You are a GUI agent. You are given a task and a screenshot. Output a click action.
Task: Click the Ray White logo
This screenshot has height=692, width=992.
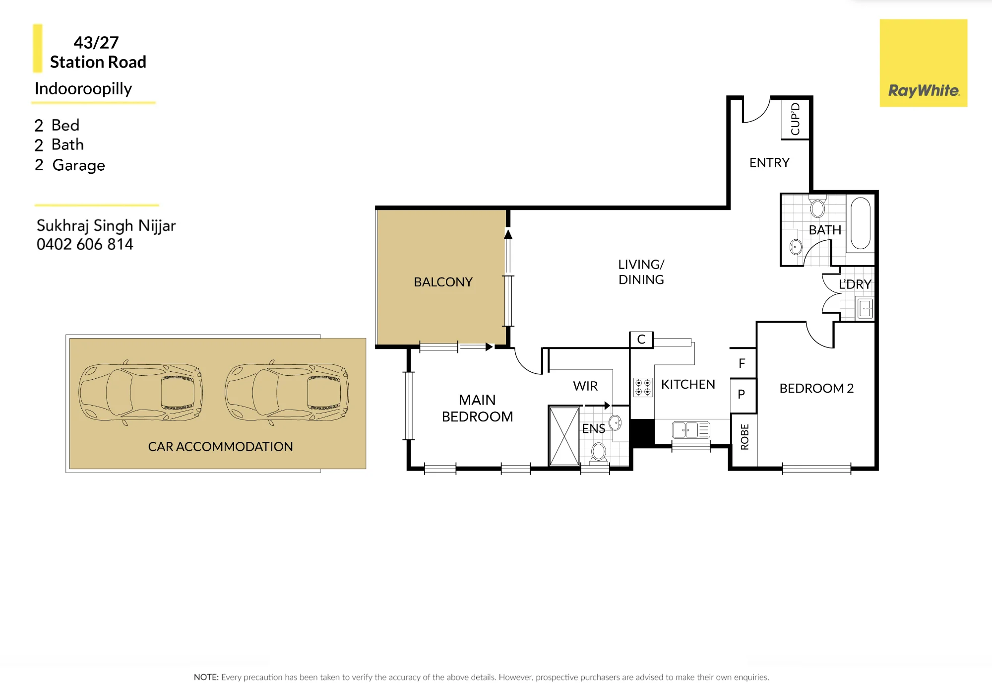pos(924,63)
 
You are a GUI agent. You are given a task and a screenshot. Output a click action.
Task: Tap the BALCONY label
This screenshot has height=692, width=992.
pos(443,282)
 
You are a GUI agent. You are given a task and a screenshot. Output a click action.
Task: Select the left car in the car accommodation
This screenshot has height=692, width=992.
pos(140,392)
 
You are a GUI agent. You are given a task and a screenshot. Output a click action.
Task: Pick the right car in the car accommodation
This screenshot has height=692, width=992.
pos(287,392)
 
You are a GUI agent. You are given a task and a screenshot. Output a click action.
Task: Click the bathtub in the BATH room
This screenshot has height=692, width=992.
pos(861,223)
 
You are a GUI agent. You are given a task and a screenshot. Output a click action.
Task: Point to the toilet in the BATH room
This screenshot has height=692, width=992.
pos(818,207)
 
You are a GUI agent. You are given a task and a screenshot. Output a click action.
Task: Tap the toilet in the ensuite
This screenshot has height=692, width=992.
pos(599,452)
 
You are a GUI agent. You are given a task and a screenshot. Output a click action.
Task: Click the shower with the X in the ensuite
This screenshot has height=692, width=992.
pos(564,436)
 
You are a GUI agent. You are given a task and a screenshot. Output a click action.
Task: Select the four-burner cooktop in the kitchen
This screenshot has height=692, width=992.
pos(643,387)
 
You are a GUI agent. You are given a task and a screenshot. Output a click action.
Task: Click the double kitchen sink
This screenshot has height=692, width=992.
pos(691,430)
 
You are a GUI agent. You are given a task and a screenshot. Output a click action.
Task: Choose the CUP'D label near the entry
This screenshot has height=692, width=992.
pos(795,119)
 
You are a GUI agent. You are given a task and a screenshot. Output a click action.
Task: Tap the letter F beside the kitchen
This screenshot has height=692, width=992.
pos(742,363)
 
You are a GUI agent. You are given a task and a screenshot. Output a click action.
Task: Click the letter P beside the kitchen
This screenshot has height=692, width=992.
pos(742,394)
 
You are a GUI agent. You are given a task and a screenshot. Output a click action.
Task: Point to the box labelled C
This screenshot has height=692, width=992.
pos(641,340)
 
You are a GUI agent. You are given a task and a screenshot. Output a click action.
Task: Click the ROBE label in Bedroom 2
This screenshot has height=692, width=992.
pos(744,437)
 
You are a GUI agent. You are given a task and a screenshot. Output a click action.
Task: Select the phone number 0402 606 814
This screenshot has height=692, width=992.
pos(85,244)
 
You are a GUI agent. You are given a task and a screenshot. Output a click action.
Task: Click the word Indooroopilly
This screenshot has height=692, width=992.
pos(83,89)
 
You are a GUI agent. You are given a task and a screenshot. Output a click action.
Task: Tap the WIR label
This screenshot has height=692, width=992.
pos(585,386)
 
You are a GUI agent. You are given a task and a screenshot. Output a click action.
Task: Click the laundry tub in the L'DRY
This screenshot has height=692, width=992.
pos(866,308)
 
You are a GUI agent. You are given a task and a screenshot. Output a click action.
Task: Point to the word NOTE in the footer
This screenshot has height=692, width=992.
pos(206,677)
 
